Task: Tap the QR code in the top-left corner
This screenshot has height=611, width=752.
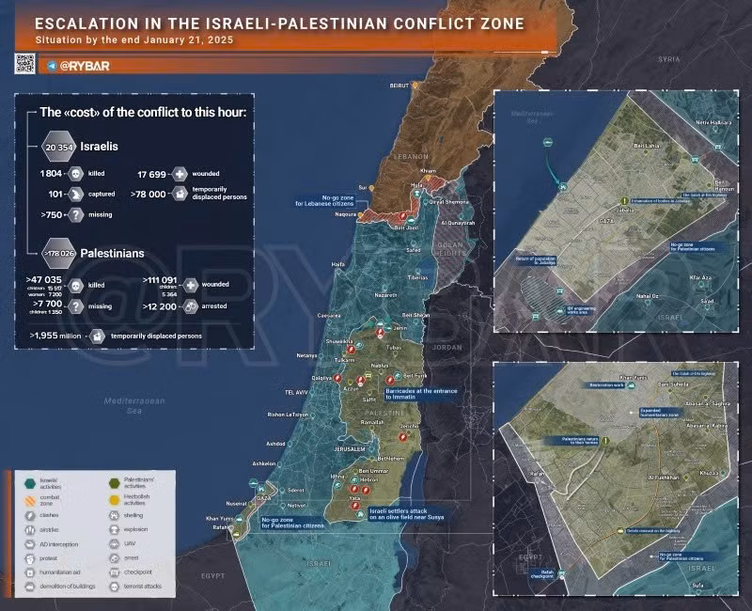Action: click(x=24, y=64)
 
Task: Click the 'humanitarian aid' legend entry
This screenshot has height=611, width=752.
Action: click(x=64, y=572)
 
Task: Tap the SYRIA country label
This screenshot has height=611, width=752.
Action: click(x=668, y=58)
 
